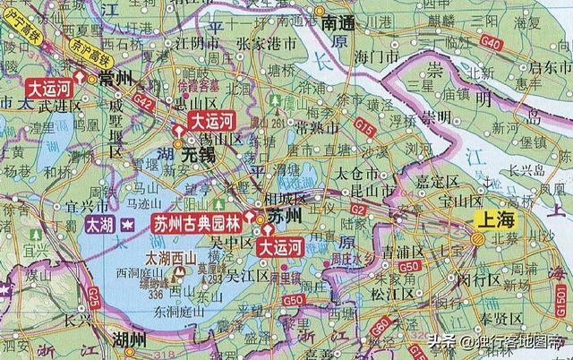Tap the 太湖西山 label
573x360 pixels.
click(169, 257)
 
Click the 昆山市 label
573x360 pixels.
click(377, 192)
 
